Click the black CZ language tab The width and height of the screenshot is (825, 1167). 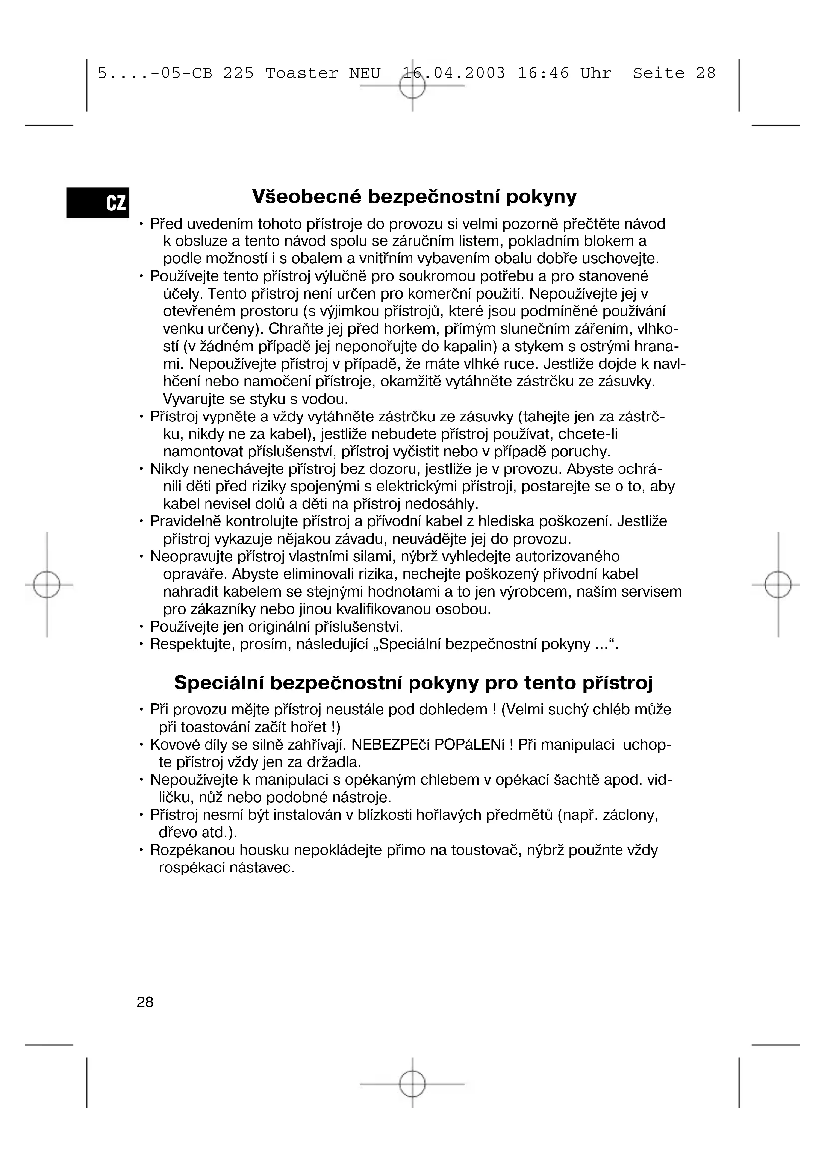click(x=98, y=202)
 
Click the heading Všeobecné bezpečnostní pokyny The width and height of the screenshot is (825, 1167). click(x=414, y=196)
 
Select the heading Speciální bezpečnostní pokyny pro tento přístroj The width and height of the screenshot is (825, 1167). click(x=413, y=682)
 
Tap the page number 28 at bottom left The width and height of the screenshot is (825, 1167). click(x=145, y=1002)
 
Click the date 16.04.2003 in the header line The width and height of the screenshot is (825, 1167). click(x=453, y=73)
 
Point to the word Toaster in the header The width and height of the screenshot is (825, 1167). click(x=301, y=73)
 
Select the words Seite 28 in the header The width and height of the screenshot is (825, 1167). click(x=674, y=73)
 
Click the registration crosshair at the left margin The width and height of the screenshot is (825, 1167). click(x=47, y=585)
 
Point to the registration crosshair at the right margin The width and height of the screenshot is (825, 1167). click(x=778, y=585)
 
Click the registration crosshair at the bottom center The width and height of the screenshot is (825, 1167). click(x=412, y=1084)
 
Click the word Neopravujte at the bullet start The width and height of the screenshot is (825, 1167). click(x=191, y=557)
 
